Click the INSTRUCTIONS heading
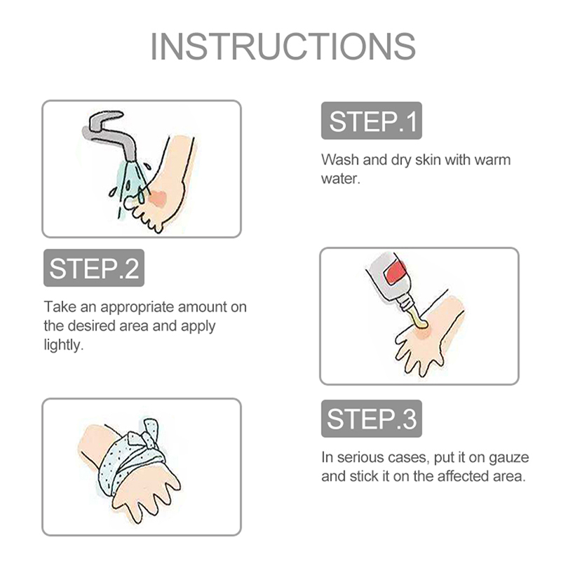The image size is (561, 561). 283,46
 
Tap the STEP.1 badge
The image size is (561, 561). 372,121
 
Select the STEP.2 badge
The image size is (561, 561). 94,268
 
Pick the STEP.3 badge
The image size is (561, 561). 372,419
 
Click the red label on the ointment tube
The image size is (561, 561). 395,272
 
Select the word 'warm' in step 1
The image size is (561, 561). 492,160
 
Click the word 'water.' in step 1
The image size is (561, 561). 340,179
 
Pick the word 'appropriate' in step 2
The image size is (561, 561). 137,308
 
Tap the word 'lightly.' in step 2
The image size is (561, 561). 63,345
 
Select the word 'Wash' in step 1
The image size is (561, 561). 340,160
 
